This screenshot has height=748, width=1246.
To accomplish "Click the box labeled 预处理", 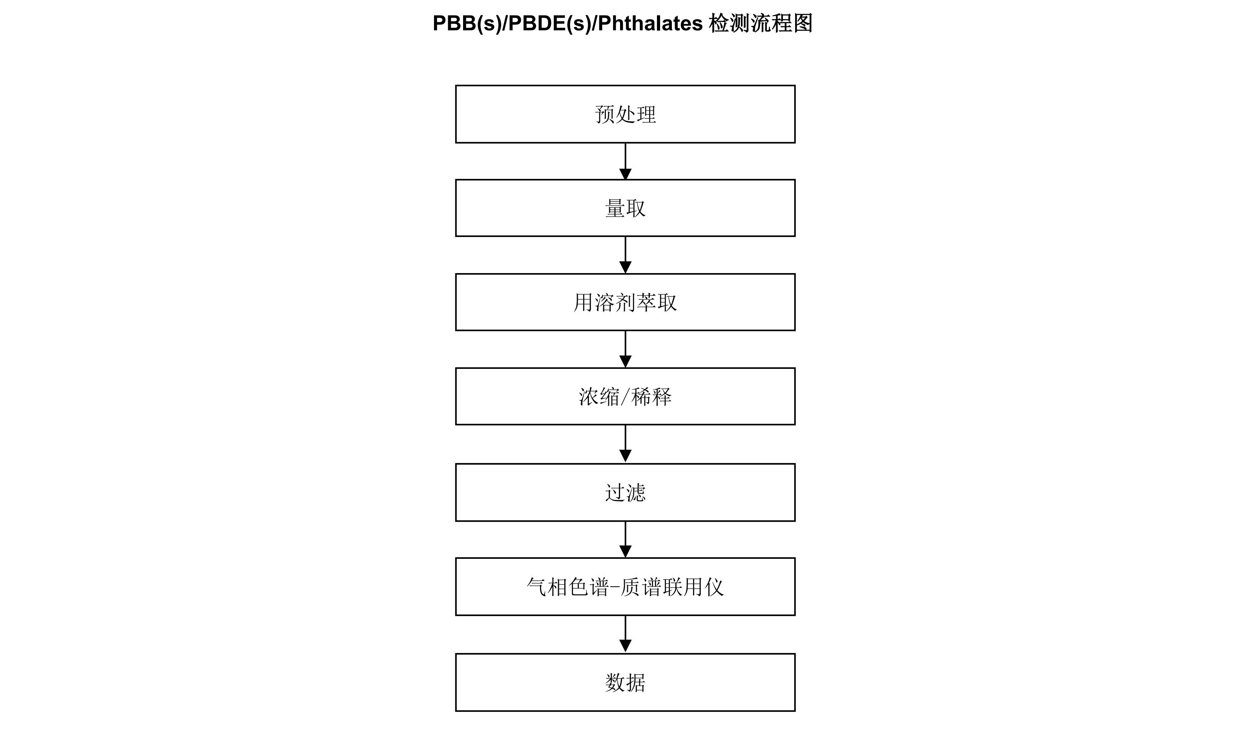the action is [625, 114].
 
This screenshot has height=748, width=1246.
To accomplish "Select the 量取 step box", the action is [625, 208].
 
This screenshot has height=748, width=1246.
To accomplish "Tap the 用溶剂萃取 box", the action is [625, 302].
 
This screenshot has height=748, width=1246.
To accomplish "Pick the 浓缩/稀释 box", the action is [625, 396].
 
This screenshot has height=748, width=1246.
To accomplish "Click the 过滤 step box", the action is [625, 493].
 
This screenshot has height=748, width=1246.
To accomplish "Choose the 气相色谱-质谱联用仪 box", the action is [625, 587].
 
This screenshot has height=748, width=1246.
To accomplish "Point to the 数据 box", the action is [625, 682].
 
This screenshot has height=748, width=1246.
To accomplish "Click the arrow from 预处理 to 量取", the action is [625, 161].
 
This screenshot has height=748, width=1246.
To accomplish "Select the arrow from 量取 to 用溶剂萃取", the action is [625, 255].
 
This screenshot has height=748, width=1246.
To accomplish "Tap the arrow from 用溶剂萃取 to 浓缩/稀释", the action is [625, 349].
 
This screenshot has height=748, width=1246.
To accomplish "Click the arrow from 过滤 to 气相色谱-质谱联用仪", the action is [625, 539].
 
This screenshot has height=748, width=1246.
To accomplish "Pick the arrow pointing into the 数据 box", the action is [625, 635].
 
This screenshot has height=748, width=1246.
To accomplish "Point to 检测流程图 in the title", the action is [761, 23].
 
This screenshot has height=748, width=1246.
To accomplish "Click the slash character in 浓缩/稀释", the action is [625, 397].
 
